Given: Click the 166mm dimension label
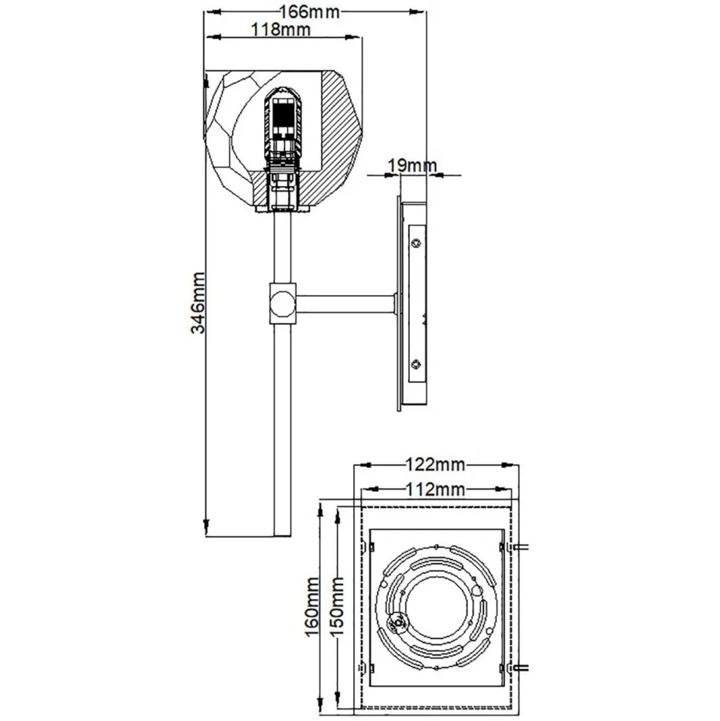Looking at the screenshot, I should pyautogui.click(x=309, y=12).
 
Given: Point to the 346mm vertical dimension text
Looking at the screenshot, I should pyautogui.click(x=198, y=302).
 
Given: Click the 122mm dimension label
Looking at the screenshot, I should pyautogui.click(x=434, y=464).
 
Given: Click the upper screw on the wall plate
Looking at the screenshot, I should pyautogui.click(x=416, y=244).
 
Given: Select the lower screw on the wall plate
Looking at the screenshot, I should pyautogui.click(x=416, y=364).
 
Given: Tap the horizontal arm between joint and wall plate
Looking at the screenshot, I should pyautogui.click(x=345, y=304).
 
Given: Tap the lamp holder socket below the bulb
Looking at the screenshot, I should pyautogui.click(x=281, y=188).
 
